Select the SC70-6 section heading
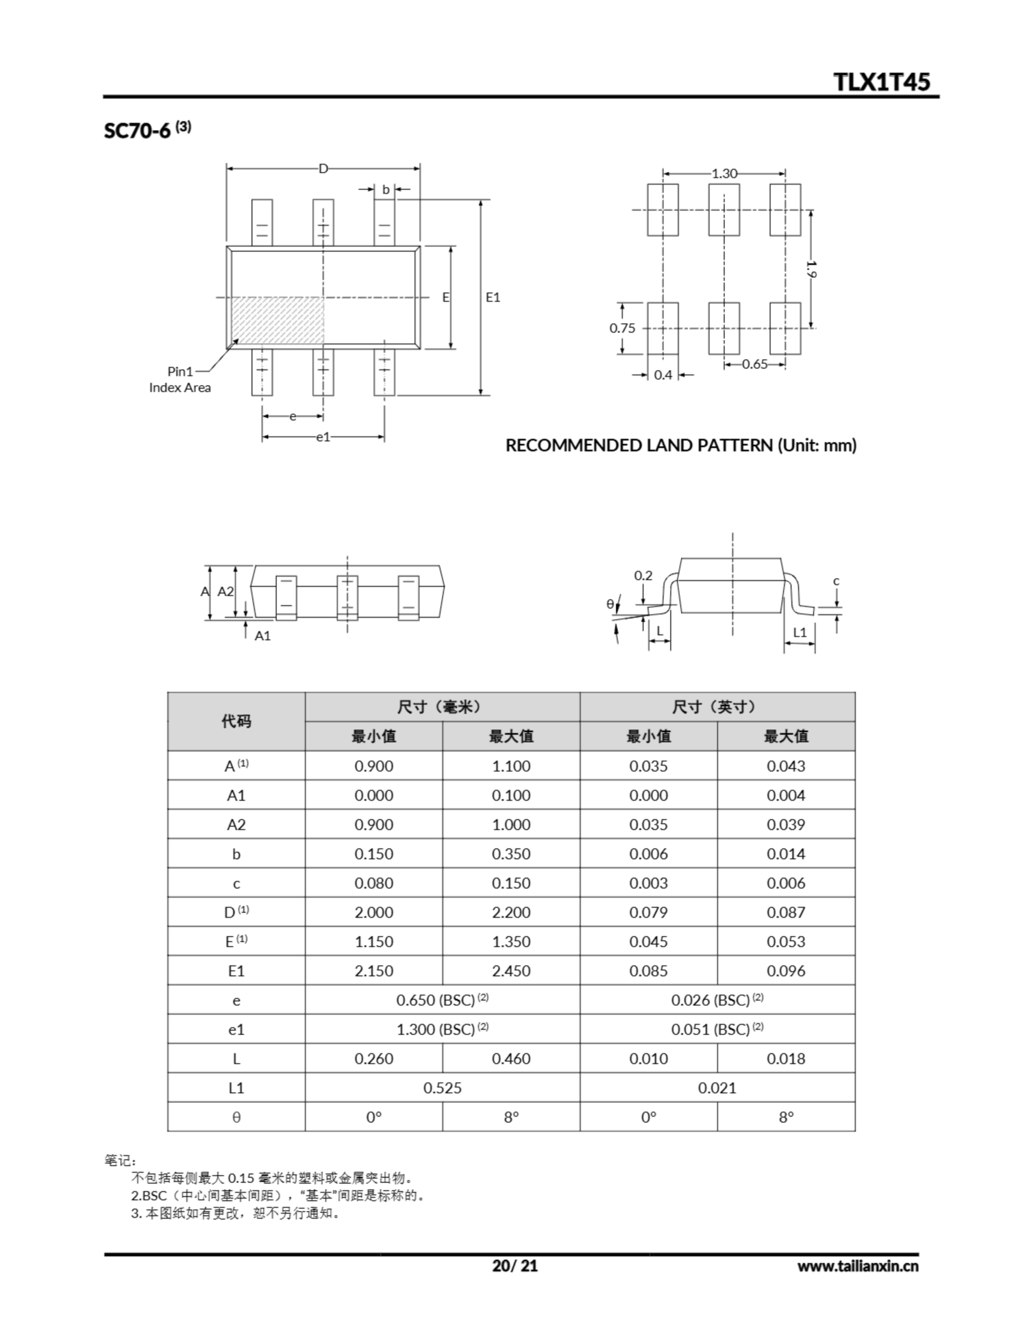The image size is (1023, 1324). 147,129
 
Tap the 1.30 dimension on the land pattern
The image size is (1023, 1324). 724,173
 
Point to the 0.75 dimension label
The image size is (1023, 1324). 622,328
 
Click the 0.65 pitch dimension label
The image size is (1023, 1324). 755,364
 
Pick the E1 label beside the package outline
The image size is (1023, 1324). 493,297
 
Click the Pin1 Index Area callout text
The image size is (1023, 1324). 180,380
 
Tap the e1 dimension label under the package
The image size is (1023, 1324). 323,437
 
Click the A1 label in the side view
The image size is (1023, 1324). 262,635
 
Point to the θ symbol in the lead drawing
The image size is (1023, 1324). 610,604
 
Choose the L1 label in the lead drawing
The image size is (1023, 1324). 800,633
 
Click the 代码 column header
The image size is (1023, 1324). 236,721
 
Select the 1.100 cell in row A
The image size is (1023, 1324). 510,765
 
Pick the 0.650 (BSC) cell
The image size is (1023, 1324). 442,1000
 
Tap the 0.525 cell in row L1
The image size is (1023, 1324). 442,1088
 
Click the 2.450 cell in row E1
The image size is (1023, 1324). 510,971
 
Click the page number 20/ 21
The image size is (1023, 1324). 515,1265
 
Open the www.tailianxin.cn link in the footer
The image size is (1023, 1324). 857,1266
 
